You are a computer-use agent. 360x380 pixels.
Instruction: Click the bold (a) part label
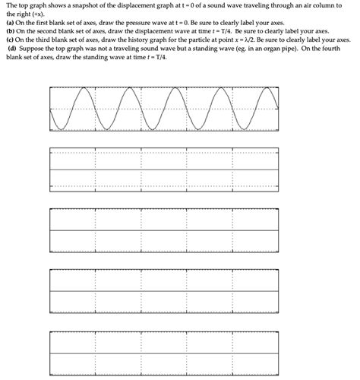pyautogui.click(x=11, y=22)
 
